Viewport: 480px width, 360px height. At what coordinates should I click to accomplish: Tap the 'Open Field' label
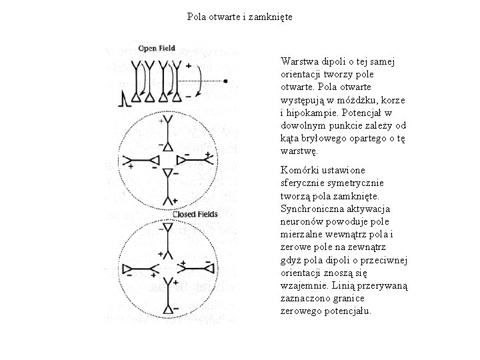157,48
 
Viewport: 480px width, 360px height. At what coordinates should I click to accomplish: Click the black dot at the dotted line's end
226,81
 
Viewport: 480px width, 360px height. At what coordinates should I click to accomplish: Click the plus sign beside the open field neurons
189,67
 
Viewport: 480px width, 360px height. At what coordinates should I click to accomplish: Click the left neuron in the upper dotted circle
143,161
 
